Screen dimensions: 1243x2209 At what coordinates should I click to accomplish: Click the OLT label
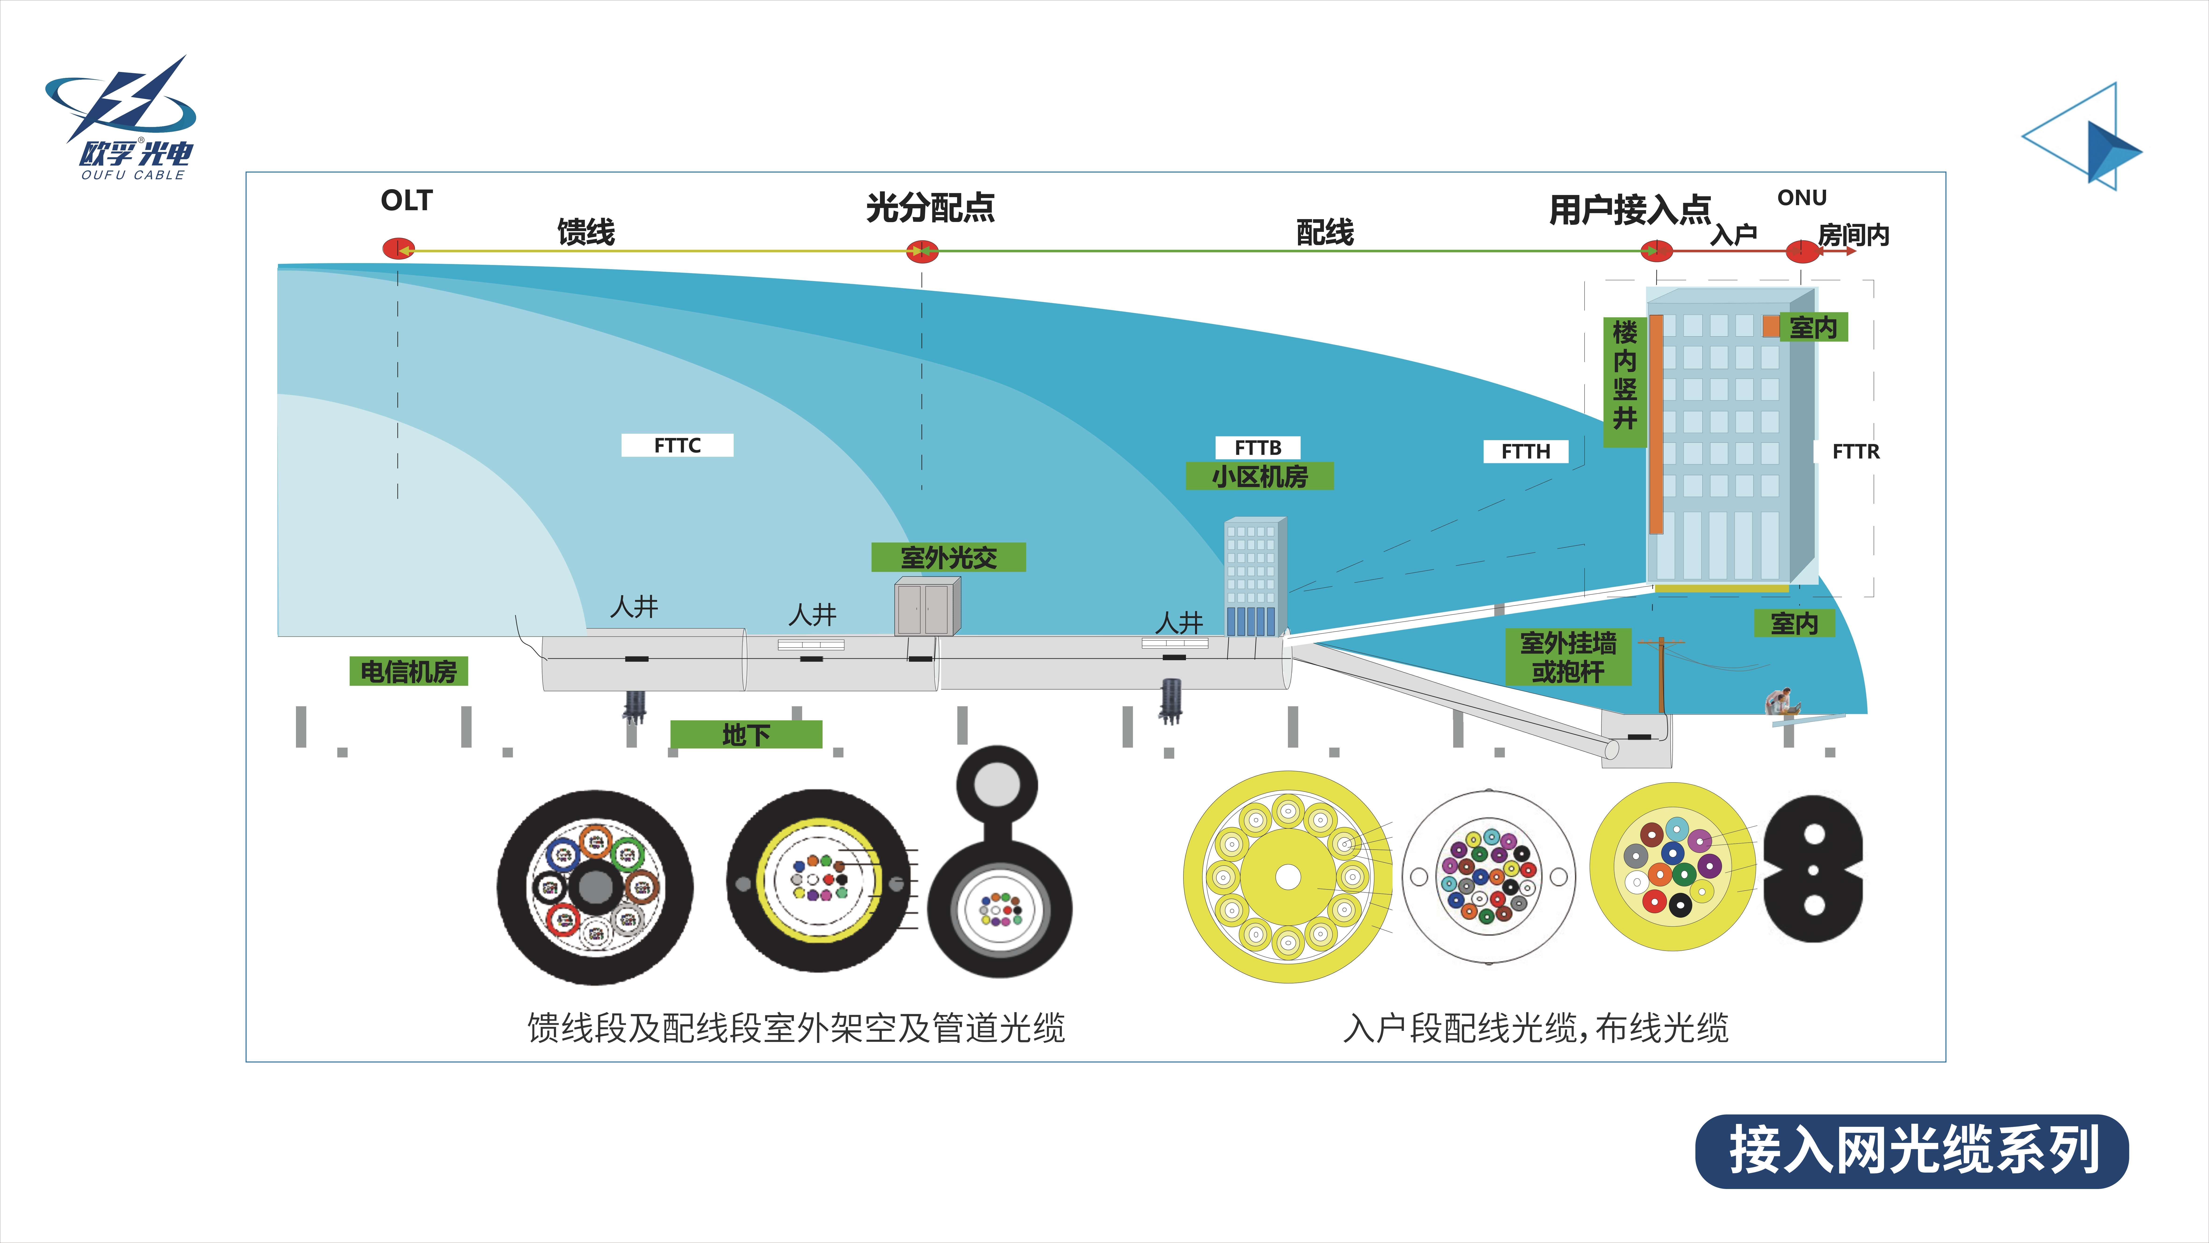coord(407,201)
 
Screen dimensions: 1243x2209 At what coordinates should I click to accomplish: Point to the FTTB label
coord(1257,448)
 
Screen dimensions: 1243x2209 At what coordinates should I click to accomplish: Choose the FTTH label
coord(1526,451)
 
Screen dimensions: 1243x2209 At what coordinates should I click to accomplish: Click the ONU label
coord(1802,198)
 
